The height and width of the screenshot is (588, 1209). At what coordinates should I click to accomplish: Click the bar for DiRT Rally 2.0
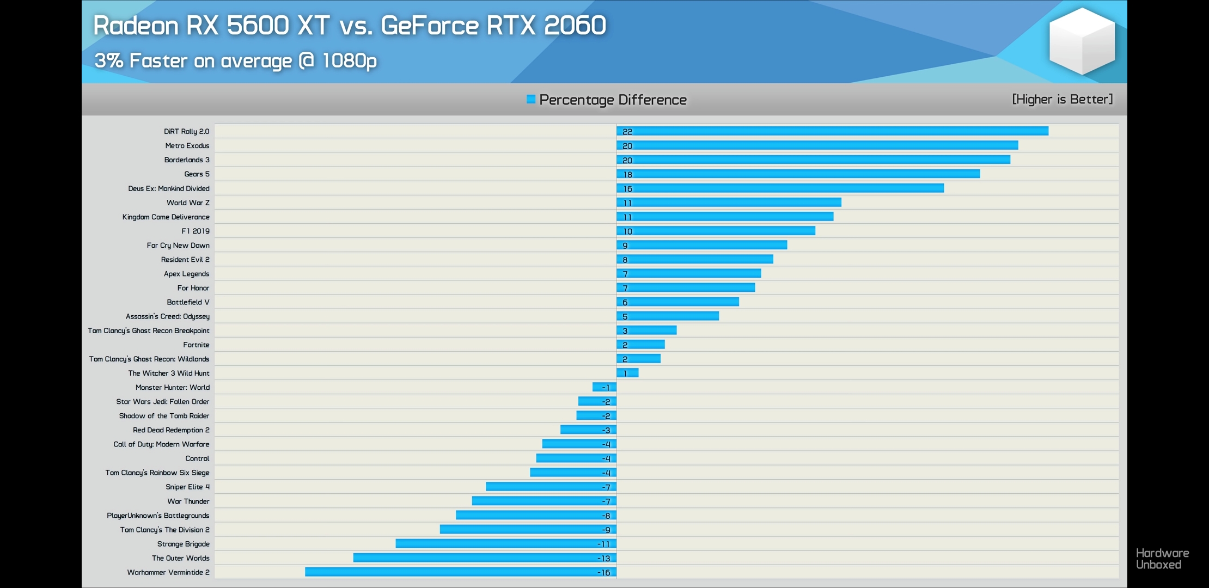832,131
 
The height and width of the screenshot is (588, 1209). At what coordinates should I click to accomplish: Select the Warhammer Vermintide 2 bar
461,572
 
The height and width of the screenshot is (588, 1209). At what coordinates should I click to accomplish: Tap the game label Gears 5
197,174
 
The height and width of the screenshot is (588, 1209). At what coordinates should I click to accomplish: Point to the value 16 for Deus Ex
628,189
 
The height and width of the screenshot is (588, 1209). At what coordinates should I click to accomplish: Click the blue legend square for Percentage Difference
531,99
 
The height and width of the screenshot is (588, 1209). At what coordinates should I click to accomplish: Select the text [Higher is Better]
1062,99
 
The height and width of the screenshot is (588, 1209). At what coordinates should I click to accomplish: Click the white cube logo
1082,41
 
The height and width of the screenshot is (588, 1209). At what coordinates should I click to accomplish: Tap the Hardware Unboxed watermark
1162,559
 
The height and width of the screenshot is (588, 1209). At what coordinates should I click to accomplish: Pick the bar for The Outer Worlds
485,558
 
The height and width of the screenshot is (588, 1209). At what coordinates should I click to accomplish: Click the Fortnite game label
196,345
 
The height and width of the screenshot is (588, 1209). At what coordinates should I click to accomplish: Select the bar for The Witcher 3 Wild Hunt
627,373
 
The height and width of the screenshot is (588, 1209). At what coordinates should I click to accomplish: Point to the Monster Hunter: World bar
604,387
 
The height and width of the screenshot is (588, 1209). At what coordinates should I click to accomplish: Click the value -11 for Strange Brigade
603,544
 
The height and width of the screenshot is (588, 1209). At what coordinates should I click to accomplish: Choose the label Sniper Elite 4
187,487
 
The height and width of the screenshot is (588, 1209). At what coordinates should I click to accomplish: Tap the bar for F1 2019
716,231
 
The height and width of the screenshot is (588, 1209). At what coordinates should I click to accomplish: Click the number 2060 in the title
575,26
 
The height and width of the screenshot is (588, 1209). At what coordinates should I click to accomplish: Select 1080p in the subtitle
349,60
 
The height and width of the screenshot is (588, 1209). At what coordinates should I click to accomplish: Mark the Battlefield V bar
677,302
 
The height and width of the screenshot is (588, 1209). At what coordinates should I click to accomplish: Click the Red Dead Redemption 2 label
171,430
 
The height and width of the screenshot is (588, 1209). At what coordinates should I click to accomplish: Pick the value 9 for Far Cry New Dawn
625,246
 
